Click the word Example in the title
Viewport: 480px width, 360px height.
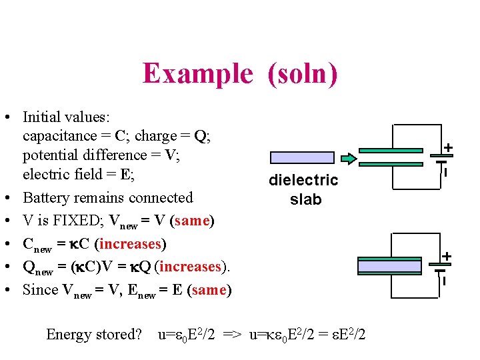pyautogui.click(x=197, y=73)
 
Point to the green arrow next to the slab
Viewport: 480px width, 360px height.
pyautogui.click(x=349, y=158)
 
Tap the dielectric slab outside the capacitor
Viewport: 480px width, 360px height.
pyautogui.click(x=302, y=158)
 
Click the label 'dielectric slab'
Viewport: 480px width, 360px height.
pyautogui.click(x=303, y=189)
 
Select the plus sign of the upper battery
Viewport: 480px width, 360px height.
pyautogui.click(x=449, y=147)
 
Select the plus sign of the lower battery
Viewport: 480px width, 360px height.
pyautogui.click(x=447, y=256)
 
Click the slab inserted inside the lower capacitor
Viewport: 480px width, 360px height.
pyautogui.click(x=390, y=267)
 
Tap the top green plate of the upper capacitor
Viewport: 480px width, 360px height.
pyautogui.click(x=390, y=151)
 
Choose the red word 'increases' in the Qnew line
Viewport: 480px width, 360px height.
pyautogui.click(x=189, y=267)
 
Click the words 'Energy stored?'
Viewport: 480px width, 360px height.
pyautogui.click(x=93, y=335)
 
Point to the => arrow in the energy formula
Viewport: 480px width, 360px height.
pyautogui.click(x=233, y=335)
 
